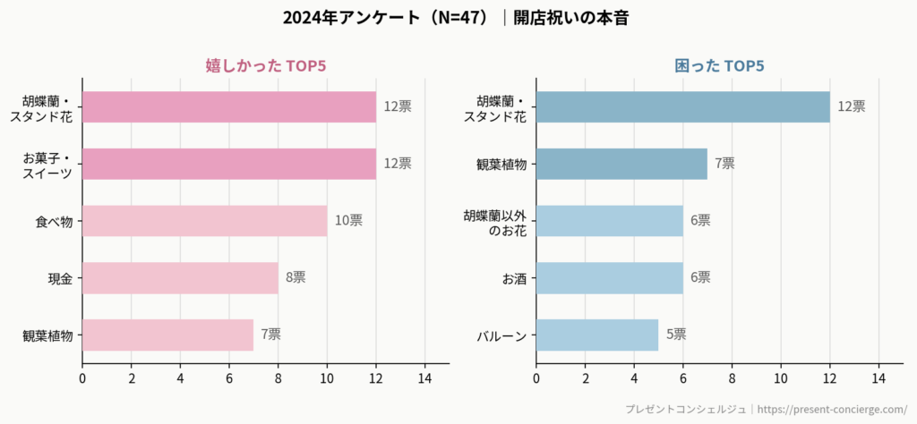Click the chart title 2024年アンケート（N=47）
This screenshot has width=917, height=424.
pos(385,18)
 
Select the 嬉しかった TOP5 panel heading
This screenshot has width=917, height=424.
pos(265,66)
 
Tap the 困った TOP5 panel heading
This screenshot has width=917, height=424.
pos(719,66)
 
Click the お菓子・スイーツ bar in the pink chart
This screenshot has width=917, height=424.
pos(229,164)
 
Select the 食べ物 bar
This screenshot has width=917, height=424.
pos(204,221)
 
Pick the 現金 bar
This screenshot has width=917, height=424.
pos(180,278)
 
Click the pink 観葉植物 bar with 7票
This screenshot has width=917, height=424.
pos(167,335)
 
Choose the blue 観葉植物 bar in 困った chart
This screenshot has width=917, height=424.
pos(621,164)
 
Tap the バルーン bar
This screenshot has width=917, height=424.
pos(597,335)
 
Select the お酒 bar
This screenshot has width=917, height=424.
pos(610,278)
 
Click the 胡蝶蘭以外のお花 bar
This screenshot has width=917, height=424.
pos(610,221)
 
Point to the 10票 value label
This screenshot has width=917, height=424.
pos(348,221)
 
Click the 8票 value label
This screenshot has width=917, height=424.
pos(296,278)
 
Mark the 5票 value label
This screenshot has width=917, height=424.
pos(676,335)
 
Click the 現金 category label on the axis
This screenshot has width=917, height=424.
pos(60,278)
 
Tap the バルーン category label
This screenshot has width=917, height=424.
pos(502,335)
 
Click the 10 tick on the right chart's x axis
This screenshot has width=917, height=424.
pos(781,378)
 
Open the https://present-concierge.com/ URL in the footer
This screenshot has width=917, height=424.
pos(833,409)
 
